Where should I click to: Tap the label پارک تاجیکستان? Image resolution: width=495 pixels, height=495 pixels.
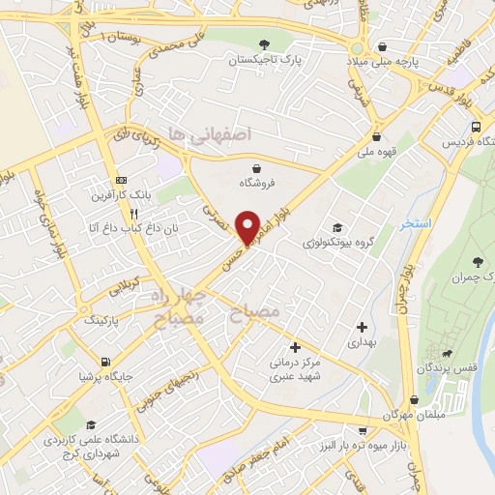click(266, 60)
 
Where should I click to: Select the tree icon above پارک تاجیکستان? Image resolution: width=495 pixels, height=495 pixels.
click(265, 44)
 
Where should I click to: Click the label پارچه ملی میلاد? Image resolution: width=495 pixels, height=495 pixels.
click(384, 62)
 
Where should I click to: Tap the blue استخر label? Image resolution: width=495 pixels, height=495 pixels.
click(416, 224)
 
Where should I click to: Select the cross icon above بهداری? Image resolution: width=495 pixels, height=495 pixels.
click(362, 327)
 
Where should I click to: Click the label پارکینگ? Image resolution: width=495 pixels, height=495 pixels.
click(107, 317)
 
